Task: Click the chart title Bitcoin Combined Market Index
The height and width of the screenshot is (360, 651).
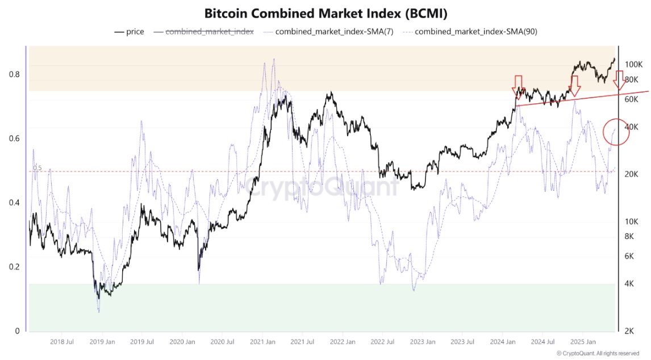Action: pyautogui.click(x=325, y=12)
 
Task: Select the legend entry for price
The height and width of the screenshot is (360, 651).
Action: pyautogui.click(x=129, y=32)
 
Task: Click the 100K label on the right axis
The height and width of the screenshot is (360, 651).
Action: pyautogui.click(x=633, y=65)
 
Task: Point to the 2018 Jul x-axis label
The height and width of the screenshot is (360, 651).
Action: pyautogui.click(x=62, y=342)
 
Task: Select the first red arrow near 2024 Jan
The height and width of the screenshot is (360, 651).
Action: pyautogui.click(x=518, y=86)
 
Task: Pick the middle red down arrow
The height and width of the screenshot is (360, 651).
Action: pyautogui.click(x=574, y=86)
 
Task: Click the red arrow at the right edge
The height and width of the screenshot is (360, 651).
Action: pyautogui.click(x=619, y=82)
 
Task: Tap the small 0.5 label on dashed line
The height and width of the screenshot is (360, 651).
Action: pyautogui.click(x=37, y=168)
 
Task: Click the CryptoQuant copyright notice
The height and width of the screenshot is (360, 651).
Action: pyautogui.click(x=606, y=353)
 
